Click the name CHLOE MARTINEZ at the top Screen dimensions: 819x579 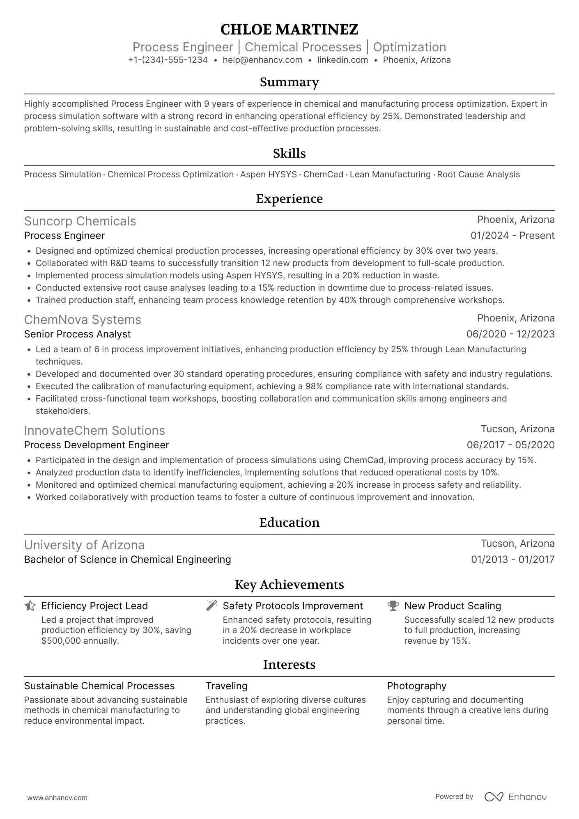289,30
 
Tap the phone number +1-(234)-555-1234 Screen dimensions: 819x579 168,60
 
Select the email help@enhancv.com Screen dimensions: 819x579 262,60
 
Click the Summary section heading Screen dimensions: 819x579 289,82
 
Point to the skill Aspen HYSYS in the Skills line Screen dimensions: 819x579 268,174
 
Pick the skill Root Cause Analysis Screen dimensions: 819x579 478,174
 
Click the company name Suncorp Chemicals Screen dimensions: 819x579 80,221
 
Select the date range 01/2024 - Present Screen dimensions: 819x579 512,236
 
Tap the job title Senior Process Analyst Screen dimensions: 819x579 77,334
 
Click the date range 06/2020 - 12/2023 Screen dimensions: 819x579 510,334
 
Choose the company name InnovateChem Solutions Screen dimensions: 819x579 94,431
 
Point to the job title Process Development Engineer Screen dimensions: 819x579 96,445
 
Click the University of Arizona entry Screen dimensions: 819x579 84,545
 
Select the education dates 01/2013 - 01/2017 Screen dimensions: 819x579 512,560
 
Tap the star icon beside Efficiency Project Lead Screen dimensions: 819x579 30,606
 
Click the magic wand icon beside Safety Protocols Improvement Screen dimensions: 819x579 211,606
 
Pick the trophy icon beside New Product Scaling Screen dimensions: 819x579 393,606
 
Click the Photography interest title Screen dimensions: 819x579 416,686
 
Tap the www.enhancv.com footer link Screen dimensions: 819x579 57,798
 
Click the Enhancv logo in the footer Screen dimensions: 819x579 516,797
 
